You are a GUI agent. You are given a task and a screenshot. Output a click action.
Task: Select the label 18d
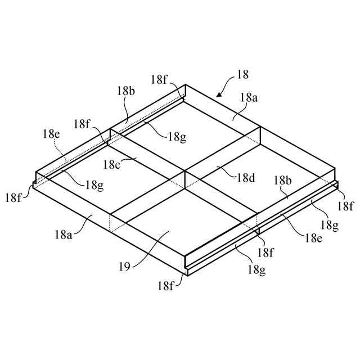(x=246, y=178)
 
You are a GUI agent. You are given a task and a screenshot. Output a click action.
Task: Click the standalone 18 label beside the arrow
(x=243, y=74)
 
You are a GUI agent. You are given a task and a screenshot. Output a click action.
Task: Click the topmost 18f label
(x=159, y=80)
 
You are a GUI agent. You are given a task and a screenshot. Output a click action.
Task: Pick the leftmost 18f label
(x=14, y=197)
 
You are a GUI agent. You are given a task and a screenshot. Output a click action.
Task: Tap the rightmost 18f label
(x=345, y=206)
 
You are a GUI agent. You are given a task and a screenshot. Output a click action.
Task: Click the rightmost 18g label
(x=329, y=225)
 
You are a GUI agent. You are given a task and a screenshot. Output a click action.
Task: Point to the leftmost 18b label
(x=126, y=90)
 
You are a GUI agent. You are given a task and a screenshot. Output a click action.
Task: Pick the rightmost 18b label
(x=282, y=180)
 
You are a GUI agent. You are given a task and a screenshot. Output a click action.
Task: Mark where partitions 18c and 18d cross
(x=184, y=172)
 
